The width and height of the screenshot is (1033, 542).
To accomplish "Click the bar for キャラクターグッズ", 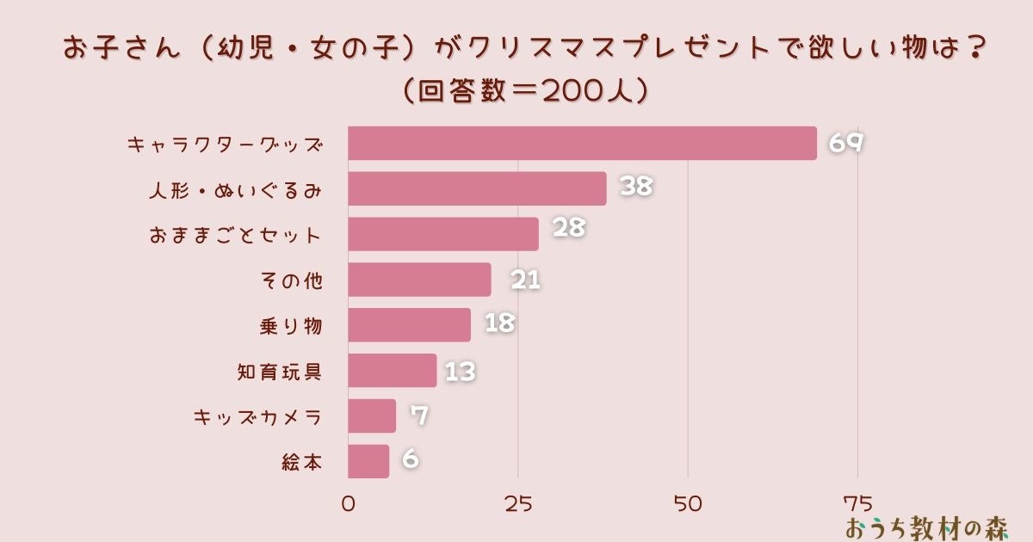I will (582, 143).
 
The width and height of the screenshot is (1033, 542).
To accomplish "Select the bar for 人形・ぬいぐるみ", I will (477, 188).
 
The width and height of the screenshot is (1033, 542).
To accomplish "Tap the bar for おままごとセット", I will (443, 234).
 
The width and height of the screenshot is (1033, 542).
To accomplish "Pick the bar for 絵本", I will (368, 461).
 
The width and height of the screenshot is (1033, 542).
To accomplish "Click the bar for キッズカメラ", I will (372, 416).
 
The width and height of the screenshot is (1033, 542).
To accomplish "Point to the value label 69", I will (845, 143).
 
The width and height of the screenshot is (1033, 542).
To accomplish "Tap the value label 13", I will (460, 371).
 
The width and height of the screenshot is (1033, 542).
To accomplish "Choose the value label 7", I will (419, 416).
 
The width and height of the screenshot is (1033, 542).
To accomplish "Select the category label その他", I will (290, 280).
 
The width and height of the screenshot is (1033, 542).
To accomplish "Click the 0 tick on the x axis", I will (349, 504).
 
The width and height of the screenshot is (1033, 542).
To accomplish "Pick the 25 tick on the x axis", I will (518, 504).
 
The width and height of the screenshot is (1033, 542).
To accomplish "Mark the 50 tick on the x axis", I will (688, 504).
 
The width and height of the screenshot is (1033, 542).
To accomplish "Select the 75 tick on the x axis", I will (857, 504).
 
